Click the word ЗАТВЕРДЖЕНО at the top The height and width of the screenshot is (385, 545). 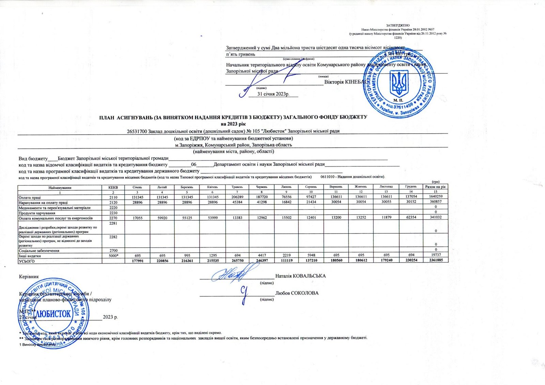(398, 26)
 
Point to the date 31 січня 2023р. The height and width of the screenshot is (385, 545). (274, 94)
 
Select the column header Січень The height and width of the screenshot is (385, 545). (137, 187)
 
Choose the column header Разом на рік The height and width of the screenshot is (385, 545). (435, 187)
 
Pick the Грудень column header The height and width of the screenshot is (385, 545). (411, 187)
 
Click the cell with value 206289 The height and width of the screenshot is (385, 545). (237, 197)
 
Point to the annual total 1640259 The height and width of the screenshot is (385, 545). (436, 197)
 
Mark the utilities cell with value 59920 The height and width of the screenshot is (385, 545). (162, 218)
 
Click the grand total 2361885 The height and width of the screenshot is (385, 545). (435, 261)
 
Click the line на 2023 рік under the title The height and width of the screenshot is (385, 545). (233, 123)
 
